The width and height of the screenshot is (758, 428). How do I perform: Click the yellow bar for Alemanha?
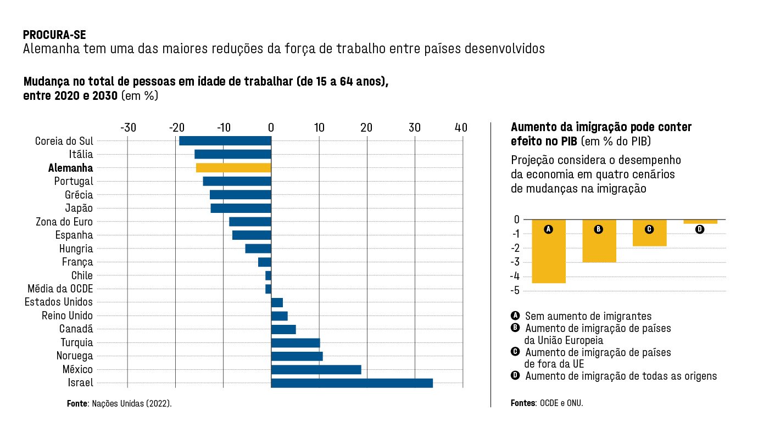233,168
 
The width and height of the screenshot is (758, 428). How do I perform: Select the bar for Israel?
352,383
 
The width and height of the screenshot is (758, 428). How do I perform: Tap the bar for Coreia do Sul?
225,141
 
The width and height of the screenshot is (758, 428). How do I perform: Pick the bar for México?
316,369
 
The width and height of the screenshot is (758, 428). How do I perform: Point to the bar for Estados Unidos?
277,302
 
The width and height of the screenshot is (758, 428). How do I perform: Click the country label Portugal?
74,181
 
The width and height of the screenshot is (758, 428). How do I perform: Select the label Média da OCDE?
60,289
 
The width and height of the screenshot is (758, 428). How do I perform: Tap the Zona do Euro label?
64,222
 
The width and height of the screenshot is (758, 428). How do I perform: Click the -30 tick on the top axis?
128,128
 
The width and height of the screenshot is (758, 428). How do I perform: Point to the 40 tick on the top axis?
461,128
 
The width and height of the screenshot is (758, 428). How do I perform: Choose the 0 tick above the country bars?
271,128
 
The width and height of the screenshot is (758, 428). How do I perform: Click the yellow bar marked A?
548,251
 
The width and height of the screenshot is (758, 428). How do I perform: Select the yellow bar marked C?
649,233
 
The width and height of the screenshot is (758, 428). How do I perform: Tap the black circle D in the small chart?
699,229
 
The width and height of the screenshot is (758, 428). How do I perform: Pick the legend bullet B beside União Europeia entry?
515,328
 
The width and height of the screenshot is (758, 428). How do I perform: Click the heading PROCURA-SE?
54,35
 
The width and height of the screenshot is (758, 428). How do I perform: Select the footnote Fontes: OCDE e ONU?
547,403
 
